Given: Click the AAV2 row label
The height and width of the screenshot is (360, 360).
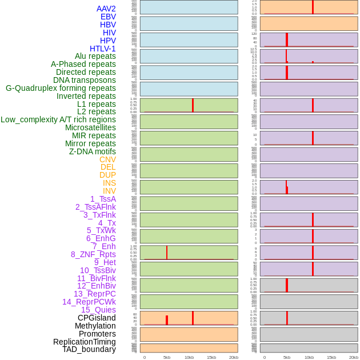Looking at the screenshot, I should point(106,9).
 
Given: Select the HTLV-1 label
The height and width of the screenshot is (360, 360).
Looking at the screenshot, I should point(103,49).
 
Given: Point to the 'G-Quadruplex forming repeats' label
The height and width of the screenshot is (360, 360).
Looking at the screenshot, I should point(61,88).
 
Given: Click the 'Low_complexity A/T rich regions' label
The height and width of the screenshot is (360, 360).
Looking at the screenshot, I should point(58,119).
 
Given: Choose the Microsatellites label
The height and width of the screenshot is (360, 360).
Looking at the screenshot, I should point(90,127).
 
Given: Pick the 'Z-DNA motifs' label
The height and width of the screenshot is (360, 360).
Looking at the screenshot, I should point(93,151).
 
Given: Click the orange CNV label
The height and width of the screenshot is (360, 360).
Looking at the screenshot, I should point(107,159).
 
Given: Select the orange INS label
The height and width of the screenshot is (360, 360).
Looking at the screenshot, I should point(109,183).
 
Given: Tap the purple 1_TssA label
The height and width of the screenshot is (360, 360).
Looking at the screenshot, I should point(103,199).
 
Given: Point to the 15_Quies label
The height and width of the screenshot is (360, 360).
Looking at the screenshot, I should point(98,310).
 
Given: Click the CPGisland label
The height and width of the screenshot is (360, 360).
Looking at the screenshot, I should point(97,318).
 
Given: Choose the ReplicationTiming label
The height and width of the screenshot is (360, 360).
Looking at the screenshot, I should point(85,342).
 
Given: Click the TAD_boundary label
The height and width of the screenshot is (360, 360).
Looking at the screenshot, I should point(89,349).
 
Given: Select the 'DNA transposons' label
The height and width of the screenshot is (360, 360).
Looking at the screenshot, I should point(85,80).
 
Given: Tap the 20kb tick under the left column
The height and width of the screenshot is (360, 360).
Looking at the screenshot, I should point(234,357).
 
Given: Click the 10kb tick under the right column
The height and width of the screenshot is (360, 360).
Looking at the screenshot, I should point(309,357).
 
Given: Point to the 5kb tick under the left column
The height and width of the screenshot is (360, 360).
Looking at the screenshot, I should point(167,357).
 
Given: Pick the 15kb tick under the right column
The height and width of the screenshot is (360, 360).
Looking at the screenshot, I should point(331,357).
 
